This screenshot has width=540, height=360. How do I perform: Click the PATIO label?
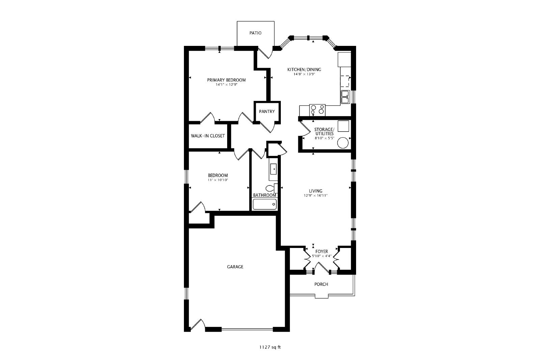(x=255, y=33)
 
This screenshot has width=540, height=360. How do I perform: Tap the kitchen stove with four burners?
(x=317, y=110)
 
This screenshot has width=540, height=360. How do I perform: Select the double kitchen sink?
(x=346, y=97)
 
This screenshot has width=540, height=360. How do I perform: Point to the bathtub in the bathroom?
(x=265, y=204)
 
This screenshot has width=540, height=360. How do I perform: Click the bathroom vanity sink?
(x=273, y=169)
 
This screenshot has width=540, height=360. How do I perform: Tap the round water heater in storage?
(x=343, y=143)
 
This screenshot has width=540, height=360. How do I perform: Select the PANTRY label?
(x=267, y=112)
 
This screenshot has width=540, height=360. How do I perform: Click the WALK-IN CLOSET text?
(x=208, y=136)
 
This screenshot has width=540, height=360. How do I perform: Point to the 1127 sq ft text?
(x=270, y=347)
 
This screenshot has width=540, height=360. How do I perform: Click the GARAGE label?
(x=235, y=267)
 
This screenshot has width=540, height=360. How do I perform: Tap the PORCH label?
(x=321, y=284)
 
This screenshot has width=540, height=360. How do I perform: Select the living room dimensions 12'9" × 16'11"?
(x=316, y=196)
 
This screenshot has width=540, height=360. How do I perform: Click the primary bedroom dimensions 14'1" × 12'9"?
(x=226, y=85)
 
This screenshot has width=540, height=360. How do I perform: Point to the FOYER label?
(x=322, y=252)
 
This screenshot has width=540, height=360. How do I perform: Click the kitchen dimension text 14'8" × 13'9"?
(x=304, y=74)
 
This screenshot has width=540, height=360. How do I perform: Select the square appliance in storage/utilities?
(x=343, y=126)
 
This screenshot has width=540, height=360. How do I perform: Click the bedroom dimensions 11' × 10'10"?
(x=218, y=180)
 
